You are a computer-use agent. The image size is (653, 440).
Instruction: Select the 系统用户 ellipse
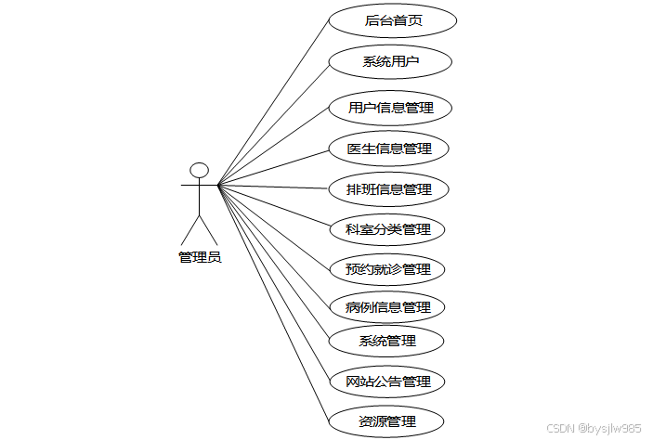390,62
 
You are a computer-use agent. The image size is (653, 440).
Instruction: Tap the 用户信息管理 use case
390,108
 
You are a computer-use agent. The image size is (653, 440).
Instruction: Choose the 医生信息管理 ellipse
389,149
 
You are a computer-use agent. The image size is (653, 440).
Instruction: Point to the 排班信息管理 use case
389,189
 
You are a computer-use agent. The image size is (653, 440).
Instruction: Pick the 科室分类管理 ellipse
388,228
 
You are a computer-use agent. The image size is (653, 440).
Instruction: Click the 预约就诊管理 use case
387,269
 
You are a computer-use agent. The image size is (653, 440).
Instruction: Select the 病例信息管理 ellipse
387,306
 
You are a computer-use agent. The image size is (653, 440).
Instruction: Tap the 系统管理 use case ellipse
387,340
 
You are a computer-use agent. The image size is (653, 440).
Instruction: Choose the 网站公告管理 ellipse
387,382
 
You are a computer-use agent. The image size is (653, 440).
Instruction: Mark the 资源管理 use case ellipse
386,421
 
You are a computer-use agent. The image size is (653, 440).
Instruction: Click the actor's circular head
199,171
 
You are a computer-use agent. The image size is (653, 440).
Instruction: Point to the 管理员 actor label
200,257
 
